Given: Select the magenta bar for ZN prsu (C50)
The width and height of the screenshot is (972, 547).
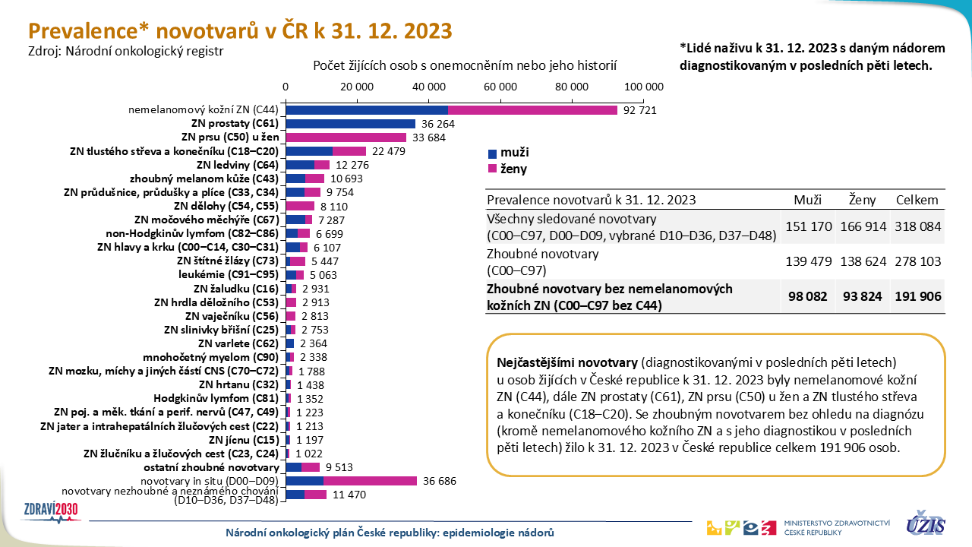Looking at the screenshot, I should (x=346, y=138).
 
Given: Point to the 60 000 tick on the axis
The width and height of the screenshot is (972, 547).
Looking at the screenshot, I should (x=500, y=86).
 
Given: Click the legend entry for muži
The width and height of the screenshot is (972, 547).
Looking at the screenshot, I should (x=509, y=153).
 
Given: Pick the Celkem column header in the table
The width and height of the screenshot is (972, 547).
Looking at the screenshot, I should (x=917, y=200).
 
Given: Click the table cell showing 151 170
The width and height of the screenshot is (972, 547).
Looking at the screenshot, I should (x=808, y=226).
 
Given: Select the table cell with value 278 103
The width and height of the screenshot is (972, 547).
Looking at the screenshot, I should (x=917, y=261).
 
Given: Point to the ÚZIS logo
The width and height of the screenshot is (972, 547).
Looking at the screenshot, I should (x=925, y=524).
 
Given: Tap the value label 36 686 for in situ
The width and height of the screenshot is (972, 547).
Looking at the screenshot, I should (x=440, y=481).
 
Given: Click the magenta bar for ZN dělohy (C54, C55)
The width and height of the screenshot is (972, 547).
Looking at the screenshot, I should (x=300, y=206).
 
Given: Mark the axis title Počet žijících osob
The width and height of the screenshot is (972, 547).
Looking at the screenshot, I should (x=465, y=66).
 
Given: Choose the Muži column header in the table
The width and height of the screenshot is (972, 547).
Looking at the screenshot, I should (x=808, y=200).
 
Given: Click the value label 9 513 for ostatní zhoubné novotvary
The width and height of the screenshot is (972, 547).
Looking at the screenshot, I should (x=339, y=467).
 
